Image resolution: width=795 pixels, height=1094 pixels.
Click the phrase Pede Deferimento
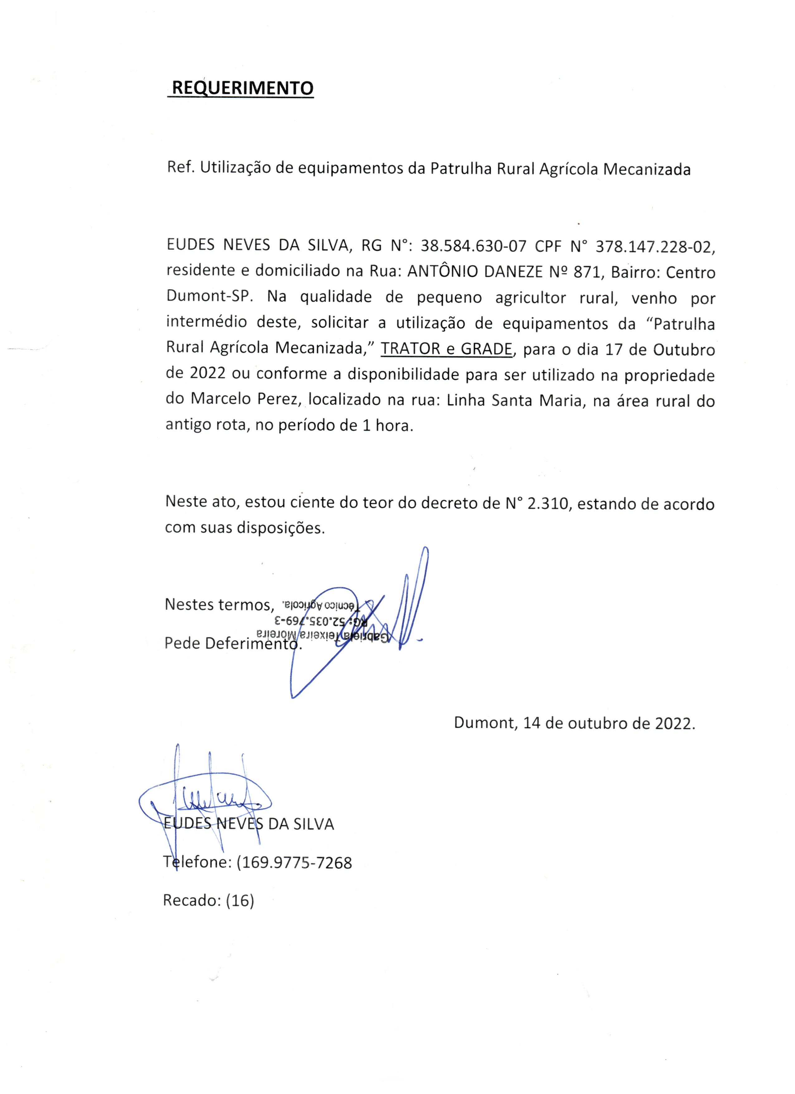(233, 643)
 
